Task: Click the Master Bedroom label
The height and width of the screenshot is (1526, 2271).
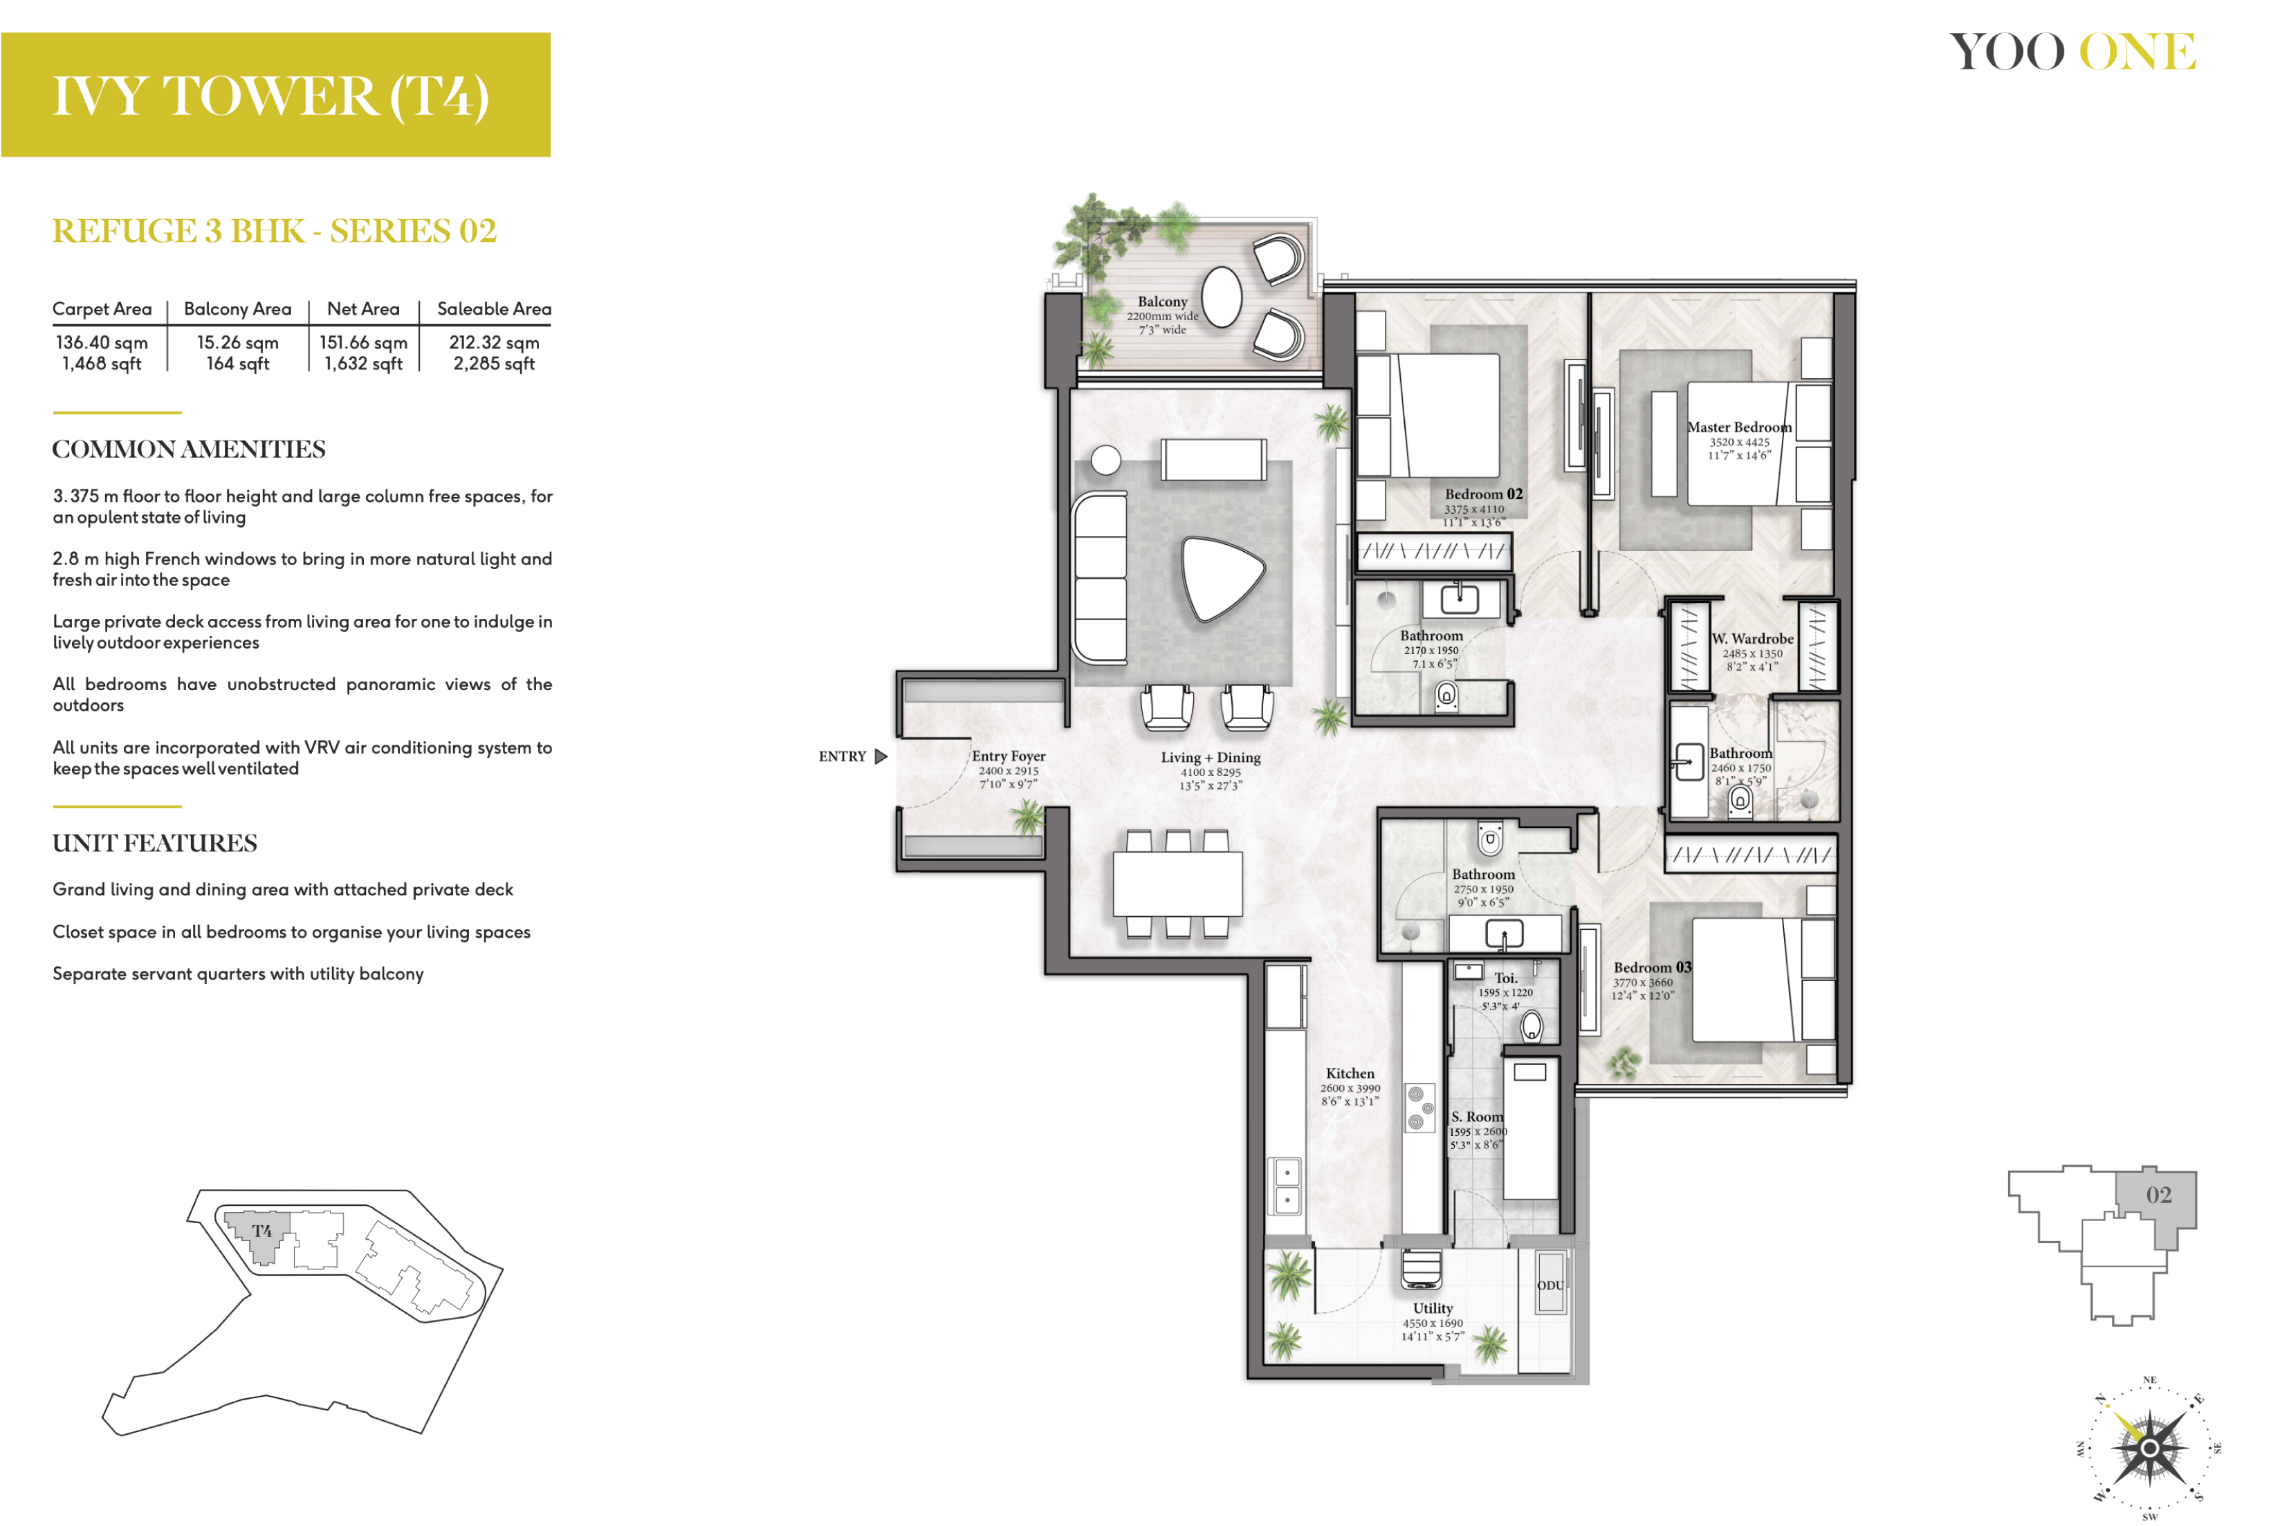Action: (x=1738, y=427)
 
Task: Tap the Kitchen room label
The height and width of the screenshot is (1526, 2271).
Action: (x=1350, y=1074)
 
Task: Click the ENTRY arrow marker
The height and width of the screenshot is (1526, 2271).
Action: (x=881, y=756)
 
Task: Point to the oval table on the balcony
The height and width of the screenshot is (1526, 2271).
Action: (x=1222, y=297)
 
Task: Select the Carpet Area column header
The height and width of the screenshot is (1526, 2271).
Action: (x=102, y=308)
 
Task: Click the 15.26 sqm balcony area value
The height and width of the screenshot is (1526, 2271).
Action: (x=237, y=342)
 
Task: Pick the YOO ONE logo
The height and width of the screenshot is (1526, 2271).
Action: (x=2073, y=53)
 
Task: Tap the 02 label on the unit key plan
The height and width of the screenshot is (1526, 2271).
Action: (x=2159, y=1194)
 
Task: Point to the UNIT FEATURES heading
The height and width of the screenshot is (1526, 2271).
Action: (x=155, y=843)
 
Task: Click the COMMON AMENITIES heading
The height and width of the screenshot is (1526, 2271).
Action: (x=189, y=449)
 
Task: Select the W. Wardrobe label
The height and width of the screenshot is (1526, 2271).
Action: (x=1752, y=638)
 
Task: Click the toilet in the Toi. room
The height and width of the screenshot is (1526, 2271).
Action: (x=1532, y=1025)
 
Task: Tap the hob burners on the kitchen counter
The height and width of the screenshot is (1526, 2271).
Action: (x=1420, y=1108)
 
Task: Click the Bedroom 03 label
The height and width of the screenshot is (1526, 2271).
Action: (x=1653, y=967)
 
